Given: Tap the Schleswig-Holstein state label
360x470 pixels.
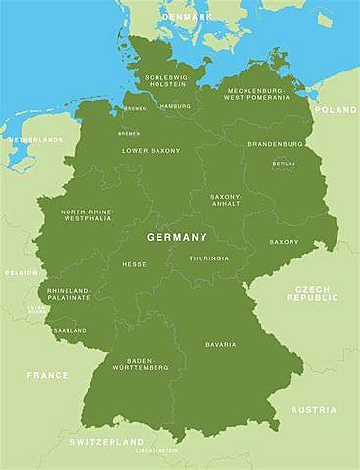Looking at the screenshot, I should (x=165, y=81).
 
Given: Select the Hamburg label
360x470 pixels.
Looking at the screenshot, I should (x=175, y=106).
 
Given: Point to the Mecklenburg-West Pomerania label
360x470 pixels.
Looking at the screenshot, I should (x=255, y=93).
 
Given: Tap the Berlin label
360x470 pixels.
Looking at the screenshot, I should (x=284, y=164).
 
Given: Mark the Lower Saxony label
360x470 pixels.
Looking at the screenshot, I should (x=151, y=151).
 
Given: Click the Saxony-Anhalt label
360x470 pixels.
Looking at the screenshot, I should (x=226, y=201).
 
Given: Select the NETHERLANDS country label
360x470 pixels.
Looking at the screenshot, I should (x=35, y=140).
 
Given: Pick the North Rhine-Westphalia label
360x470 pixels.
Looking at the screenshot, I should (x=86, y=216).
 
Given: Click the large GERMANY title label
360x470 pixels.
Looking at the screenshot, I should (x=177, y=238).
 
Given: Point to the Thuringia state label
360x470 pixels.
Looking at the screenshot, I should (x=208, y=258).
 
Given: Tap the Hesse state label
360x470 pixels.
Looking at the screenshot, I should (x=134, y=264).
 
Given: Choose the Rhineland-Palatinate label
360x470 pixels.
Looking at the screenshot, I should (x=67, y=294).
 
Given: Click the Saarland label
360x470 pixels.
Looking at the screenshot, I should (x=70, y=331).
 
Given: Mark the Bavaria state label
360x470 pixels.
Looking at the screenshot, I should (x=220, y=345).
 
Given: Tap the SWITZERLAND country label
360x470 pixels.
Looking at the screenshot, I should (x=107, y=442).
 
